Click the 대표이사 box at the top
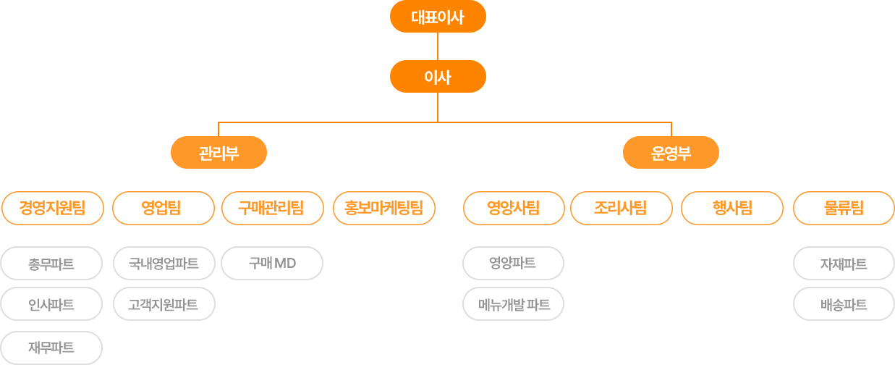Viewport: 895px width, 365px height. (438, 17)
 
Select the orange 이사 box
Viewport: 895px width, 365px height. (438, 76)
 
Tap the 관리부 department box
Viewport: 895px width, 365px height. (219, 153)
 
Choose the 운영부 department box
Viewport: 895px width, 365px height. (671, 153)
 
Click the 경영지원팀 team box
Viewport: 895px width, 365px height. (52, 209)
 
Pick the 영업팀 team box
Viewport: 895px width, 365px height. (164, 209)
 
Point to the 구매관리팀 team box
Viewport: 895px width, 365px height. (271, 209)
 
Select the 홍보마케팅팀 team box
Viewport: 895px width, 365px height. (383, 209)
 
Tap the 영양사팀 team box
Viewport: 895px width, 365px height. (513, 209)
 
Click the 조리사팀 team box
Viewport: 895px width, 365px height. (621, 209)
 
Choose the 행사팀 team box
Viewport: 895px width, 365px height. (732, 209)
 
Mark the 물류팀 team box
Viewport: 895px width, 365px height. (844, 209)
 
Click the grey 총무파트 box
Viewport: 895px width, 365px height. (51, 264)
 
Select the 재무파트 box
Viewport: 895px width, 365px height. (51, 348)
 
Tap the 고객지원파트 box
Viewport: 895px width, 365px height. (164, 304)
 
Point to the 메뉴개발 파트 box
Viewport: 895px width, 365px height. (513, 304)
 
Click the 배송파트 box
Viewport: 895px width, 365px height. (844, 304)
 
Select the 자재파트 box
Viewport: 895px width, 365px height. (844, 264)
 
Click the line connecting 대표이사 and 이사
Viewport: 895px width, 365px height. (438, 46)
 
